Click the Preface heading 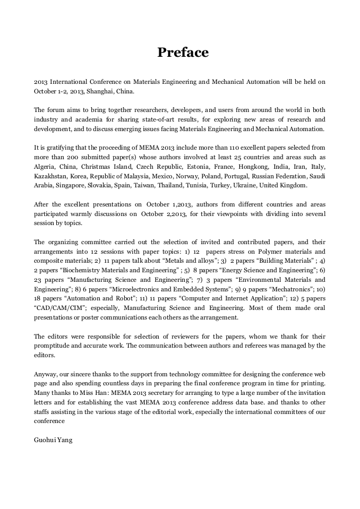[x=183, y=53]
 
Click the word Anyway [x=45, y=373]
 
